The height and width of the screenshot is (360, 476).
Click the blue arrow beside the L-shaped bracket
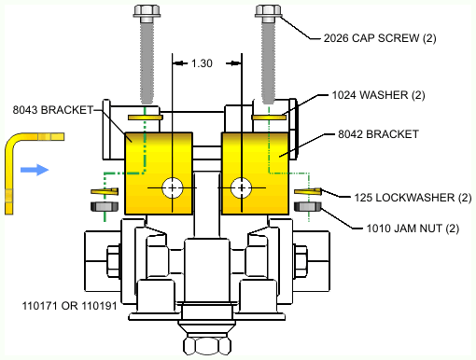click(x=35, y=170)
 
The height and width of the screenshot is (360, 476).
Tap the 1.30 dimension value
click(x=202, y=63)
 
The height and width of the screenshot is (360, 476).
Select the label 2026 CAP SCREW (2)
click(x=380, y=38)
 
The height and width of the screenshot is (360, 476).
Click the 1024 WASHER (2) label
click(x=378, y=95)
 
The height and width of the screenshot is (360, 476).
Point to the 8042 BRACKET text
click(x=378, y=134)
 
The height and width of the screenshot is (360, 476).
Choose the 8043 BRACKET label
click(x=53, y=110)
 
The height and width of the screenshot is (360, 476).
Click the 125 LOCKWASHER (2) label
click(x=413, y=198)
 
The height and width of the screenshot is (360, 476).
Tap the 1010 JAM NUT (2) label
click(x=413, y=228)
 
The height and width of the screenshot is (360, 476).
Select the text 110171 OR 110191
click(x=69, y=306)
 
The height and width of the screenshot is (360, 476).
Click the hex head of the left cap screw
click(x=147, y=11)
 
